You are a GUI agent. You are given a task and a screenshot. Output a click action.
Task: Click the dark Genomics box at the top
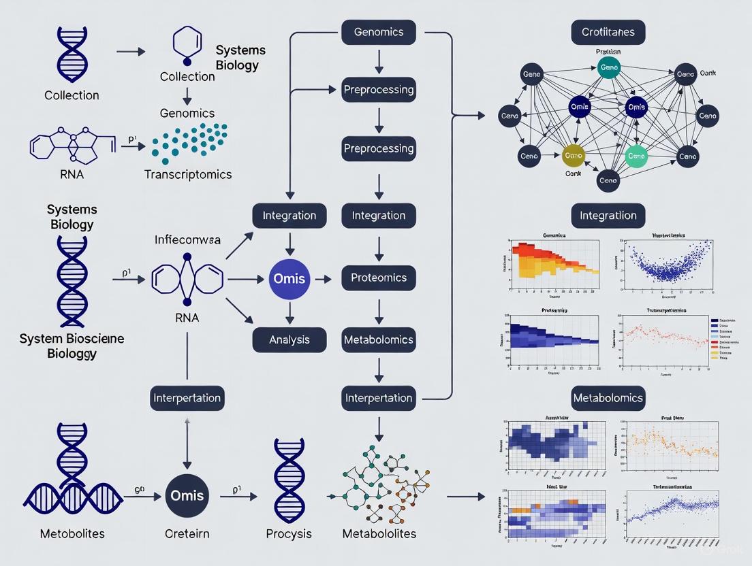pos(378,32)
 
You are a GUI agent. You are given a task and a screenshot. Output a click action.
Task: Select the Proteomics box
pos(378,278)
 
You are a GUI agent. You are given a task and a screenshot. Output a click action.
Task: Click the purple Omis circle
pos(289,278)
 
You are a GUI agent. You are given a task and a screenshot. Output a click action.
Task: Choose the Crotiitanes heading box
pos(608,32)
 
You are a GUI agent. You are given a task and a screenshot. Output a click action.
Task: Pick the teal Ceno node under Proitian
pos(608,67)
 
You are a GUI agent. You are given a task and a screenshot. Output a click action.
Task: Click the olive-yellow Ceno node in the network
pos(574,156)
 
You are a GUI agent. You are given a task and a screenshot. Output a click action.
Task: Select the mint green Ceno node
pos(638,156)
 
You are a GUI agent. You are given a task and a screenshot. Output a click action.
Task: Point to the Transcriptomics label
pos(188,174)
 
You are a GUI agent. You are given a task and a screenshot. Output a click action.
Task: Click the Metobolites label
pos(72,533)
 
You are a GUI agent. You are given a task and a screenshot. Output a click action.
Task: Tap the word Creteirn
pos(185,533)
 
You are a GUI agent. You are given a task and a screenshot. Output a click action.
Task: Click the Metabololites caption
pos(378,533)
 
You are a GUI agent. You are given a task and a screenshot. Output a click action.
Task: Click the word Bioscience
pos(87,338)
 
